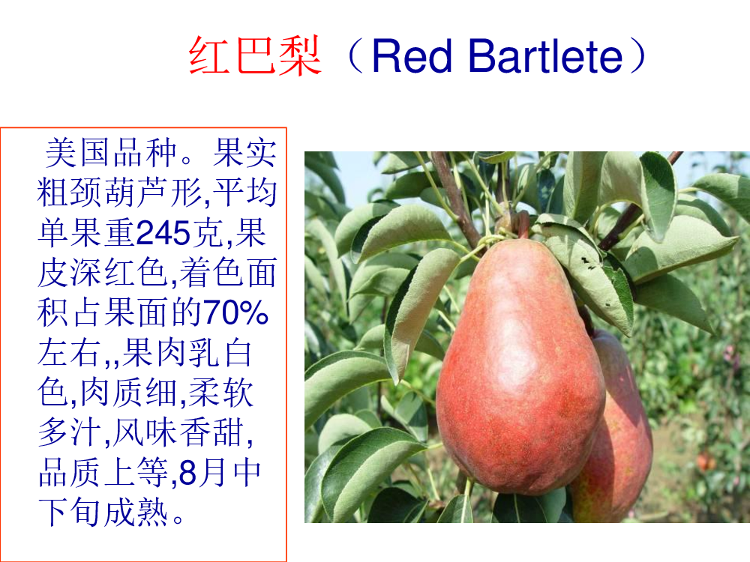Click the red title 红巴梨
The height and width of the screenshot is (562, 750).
(x=254, y=56)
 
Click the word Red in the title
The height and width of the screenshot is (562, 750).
(x=411, y=56)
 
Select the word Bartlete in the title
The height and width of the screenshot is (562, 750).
(x=545, y=56)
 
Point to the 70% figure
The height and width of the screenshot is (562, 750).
(x=235, y=312)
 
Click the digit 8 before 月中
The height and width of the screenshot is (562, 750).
(x=187, y=472)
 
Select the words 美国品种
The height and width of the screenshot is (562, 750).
(x=111, y=153)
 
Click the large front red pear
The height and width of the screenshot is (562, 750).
(x=520, y=368)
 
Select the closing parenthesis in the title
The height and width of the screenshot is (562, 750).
(x=637, y=55)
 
